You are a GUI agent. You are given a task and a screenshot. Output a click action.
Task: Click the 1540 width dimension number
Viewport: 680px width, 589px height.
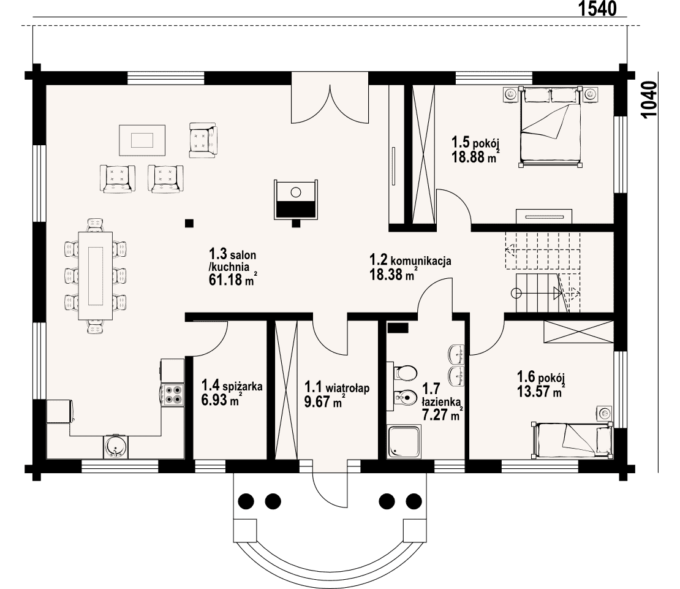click(597, 8)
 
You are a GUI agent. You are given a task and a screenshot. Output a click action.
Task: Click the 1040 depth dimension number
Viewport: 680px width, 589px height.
click(649, 99)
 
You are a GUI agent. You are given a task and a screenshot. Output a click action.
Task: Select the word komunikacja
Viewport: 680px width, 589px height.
click(421, 260)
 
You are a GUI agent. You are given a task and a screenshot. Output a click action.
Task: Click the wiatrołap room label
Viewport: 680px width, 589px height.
click(347, 387)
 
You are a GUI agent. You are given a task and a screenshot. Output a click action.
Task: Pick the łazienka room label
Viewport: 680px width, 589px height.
click(440, 401)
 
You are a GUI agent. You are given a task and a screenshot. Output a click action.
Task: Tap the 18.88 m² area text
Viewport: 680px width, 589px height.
click(475, 156)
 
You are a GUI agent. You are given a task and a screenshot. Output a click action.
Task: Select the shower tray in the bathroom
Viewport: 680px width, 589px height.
click(404, 441)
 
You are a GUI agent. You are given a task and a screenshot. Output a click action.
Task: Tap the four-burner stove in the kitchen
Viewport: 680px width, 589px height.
click(173, 395)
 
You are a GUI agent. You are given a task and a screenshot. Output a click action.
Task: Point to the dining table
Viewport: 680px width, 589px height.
click(96, 276)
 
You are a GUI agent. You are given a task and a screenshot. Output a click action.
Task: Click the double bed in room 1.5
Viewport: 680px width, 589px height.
click(551, 126)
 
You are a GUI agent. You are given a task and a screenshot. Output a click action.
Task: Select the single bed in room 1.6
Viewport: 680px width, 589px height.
click(572, 439)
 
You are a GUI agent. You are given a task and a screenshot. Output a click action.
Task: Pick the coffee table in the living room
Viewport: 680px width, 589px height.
click(142, 140)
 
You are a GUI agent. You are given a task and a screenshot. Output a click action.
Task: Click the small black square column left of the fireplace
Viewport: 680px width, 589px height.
click(189, 223)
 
